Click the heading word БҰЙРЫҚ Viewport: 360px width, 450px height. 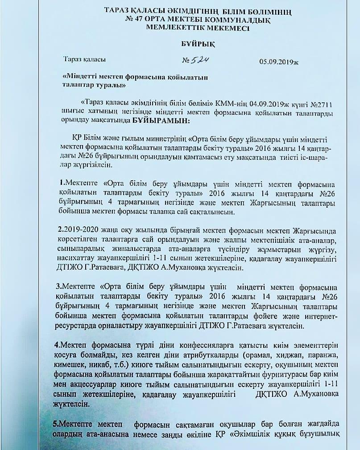point(180,44)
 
